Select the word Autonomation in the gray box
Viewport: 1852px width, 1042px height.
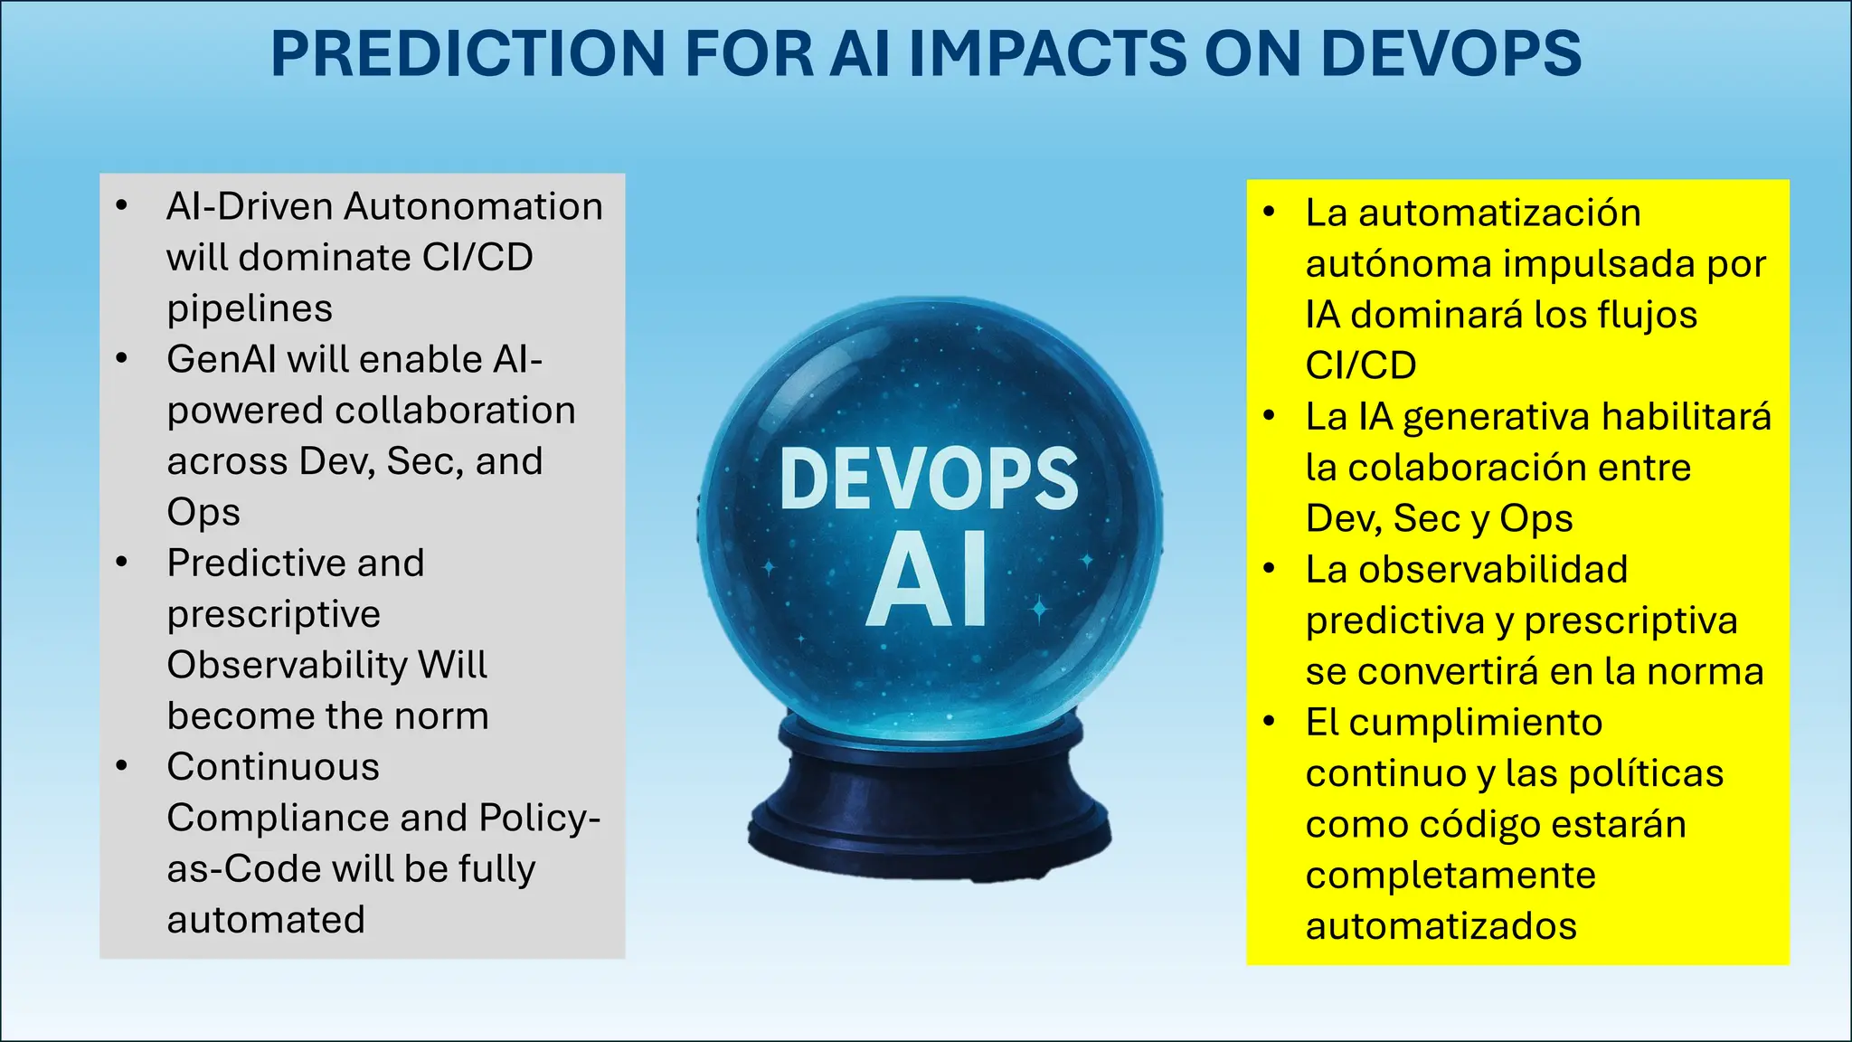pyautogui.click(x=473, y=207)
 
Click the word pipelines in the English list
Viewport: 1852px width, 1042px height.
pyautogui.click(x=250, y=309)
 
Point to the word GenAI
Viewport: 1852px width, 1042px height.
pyautogui.click(x=222, y=360)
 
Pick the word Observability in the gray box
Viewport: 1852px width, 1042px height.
pyautogui.click(x=288, y=666)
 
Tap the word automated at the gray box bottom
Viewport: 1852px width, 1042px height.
pyautogui.click(x=266, y=921)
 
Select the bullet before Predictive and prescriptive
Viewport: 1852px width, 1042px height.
pyautogui.click(x=122, y=563)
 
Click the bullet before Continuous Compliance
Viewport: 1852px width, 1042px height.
pyautogui.click(x=122, y=767)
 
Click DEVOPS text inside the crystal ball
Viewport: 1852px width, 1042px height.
pyautogui.click(x=929, y=479)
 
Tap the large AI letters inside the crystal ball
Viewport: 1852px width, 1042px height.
pyautogui.click(x=927, y=579)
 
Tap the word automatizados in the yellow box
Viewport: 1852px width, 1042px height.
pyautogui.click(x=1441, y=927)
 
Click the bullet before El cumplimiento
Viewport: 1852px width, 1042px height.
pyautogui.click(x=1269, y=722)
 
